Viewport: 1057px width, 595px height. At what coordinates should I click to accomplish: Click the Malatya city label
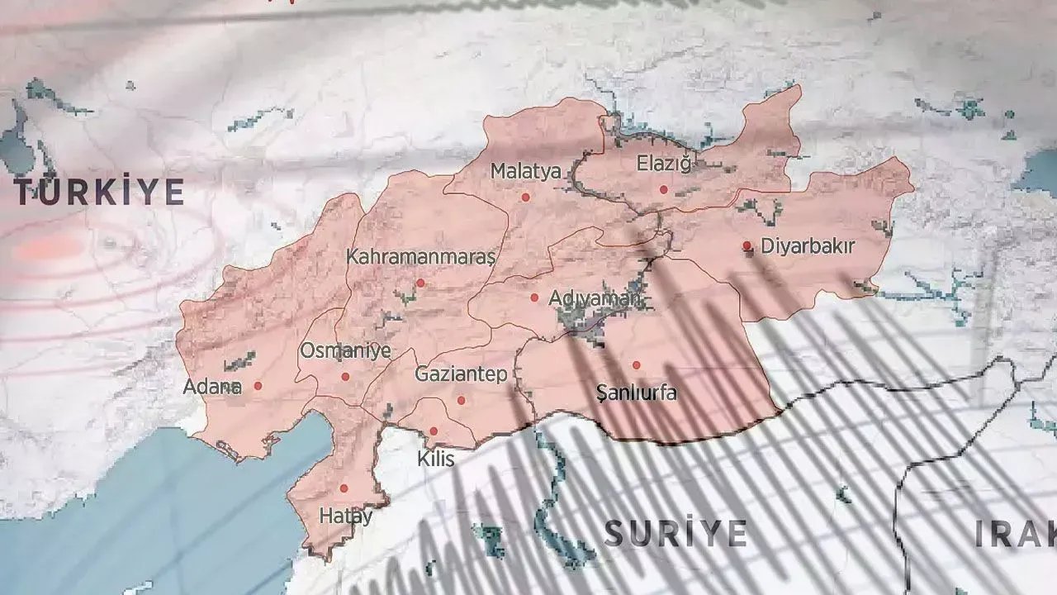[526, 172]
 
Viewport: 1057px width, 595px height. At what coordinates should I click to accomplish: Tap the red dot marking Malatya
[525, 198]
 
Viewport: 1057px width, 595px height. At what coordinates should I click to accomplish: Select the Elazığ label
[663, 164]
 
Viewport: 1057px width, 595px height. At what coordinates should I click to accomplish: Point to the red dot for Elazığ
[663, 189]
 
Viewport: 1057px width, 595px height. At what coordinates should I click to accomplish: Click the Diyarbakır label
[808, 246]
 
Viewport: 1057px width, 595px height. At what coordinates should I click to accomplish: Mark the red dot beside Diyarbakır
[747, 245]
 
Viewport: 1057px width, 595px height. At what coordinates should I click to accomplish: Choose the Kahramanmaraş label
[420, 257]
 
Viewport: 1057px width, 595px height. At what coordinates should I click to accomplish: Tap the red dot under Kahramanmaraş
[420, 283]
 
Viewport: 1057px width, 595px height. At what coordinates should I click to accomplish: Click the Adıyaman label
[595, 298]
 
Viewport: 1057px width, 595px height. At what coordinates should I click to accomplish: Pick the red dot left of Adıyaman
[534, 297]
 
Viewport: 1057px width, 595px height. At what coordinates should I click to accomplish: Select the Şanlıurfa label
[637, 393]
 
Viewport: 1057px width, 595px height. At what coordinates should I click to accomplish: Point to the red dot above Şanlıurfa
[637, 364]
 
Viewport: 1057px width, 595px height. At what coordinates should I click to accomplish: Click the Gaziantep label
[461, 374]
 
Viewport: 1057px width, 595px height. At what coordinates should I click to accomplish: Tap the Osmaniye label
[345, 351]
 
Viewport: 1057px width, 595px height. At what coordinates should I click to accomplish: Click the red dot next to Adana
[258, 386]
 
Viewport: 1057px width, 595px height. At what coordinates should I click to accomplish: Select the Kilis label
[436, 458]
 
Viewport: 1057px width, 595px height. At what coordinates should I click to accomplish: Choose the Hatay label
[345, 516]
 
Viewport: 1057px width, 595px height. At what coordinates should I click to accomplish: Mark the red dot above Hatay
[344, 488]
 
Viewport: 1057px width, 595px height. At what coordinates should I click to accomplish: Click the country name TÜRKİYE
[99, 193]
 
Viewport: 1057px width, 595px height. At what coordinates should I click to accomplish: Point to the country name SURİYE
[675, 533]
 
